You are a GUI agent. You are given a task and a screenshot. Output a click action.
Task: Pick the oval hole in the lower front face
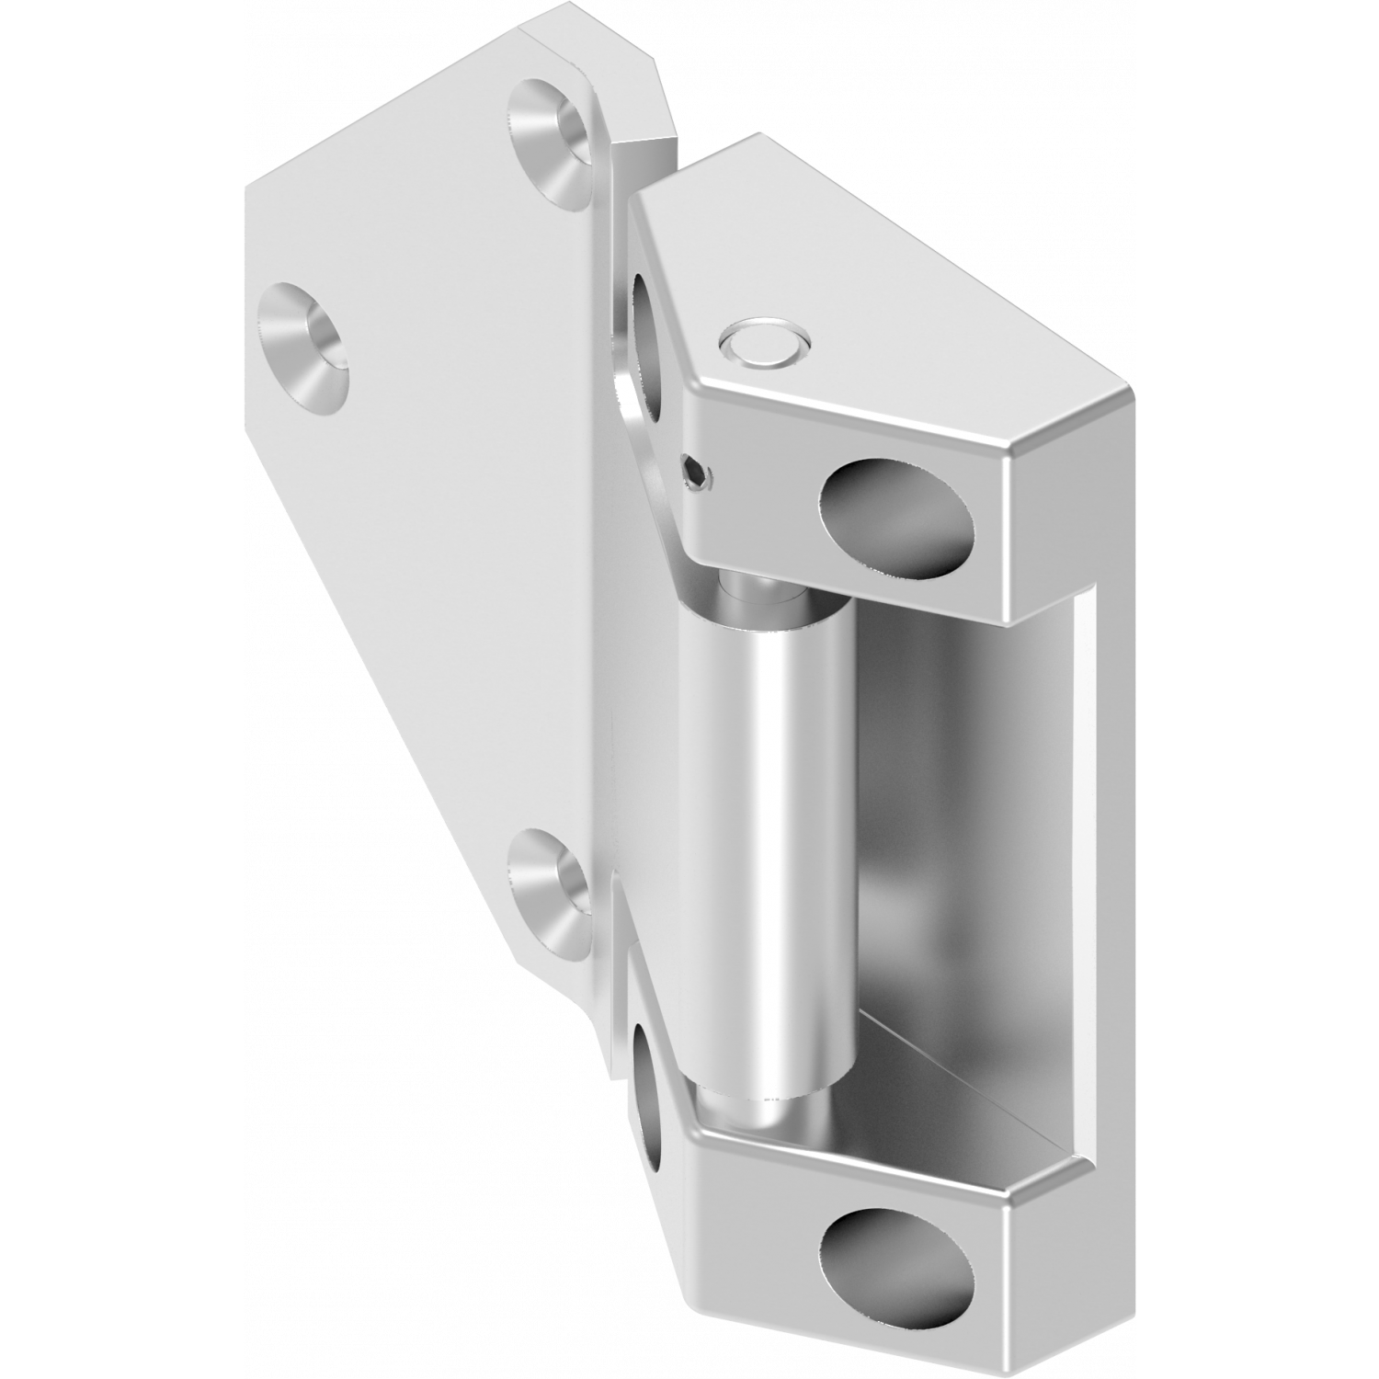(x=897, y=1260)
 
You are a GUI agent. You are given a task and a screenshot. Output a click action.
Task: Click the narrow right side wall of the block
(x=1103, y=827)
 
